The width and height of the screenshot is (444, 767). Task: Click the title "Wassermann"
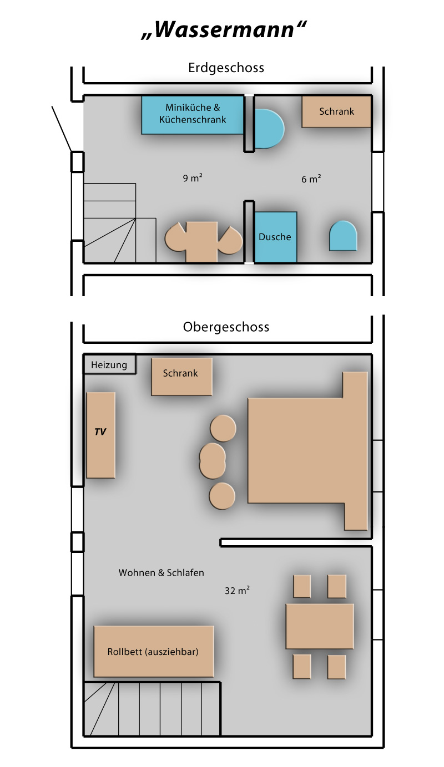(224, 30)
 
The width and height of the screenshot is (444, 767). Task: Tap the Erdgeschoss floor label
(226, 68)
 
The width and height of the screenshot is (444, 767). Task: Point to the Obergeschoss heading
(226, 327)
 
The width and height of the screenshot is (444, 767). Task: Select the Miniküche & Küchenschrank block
(193, 115)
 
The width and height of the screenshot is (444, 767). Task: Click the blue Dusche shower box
(275, 237)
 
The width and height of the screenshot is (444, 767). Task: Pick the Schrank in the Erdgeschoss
(336, 111)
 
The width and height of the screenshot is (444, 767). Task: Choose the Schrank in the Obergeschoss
(181, 377)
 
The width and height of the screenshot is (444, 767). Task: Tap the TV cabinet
(100, 435)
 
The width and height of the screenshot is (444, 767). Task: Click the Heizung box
(109, 365)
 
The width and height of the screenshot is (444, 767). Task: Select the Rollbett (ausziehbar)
(154, 652)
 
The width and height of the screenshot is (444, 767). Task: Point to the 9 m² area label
(193, 178)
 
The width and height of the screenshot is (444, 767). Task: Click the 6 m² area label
(311, 179)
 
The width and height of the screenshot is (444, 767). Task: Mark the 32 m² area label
(237, 590)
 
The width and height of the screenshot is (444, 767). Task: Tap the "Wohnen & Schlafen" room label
(162, 572)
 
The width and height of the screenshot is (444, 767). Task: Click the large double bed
(307, 451)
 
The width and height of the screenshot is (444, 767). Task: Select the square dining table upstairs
(320, 626)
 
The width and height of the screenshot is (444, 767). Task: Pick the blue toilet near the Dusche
(343, 236)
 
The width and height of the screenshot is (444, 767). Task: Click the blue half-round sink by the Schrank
(269, 129)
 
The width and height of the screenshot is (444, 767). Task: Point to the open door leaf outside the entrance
(62, 129)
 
